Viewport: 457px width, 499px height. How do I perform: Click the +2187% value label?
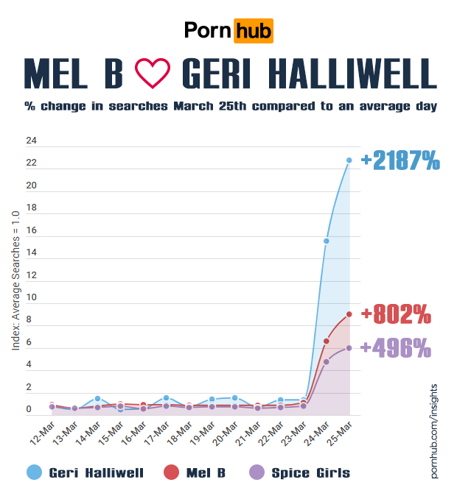pyautogui.click(x=400, y=160)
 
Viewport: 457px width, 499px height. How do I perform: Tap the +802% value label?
pyautogui.click(x=396, y=314)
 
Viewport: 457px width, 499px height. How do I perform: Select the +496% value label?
pyautogui.click(x=396, y=348)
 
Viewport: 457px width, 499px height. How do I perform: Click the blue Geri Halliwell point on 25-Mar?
pyautogui.click(x=349, y=160)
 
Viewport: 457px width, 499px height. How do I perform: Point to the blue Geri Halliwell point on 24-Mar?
pyautogui.click(x=327, y=241)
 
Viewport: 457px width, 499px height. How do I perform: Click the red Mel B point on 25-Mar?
pyautogui.click(x=349, y=314)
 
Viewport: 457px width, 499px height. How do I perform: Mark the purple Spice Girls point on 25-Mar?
pyautogui.click(x=349, y=348)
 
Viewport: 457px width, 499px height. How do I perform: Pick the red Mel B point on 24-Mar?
pyautogui.click(x=327, y=341)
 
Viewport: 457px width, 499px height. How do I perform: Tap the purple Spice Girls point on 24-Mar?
pyautogui.click(x=327, y=361)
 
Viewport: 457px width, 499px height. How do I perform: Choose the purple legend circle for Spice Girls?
pyautogui.click(x=256, y=473)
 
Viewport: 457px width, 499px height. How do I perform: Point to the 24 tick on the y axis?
pyautogui.click(x=31, y=141)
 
